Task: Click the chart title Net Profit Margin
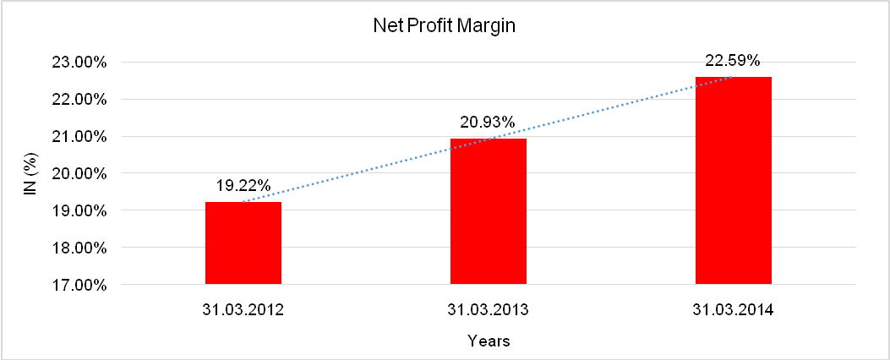445,26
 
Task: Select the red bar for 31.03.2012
243,243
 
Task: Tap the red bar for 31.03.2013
489,211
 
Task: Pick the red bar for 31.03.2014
733,180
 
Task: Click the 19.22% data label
243,186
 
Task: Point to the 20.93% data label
489,123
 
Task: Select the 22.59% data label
733,61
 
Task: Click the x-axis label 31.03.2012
243,309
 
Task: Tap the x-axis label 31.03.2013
489,309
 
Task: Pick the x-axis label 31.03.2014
733,309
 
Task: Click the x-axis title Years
489,342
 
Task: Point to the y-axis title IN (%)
30,173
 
